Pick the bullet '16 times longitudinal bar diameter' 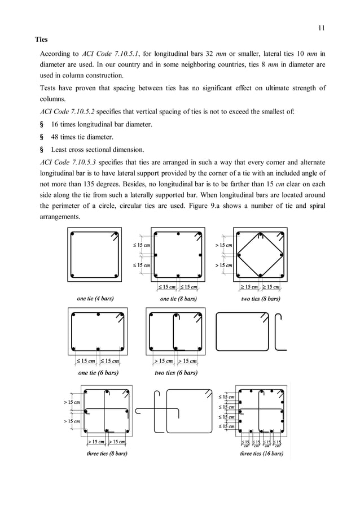[x=102, y=124]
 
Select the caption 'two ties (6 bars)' [x=176, y=372]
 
